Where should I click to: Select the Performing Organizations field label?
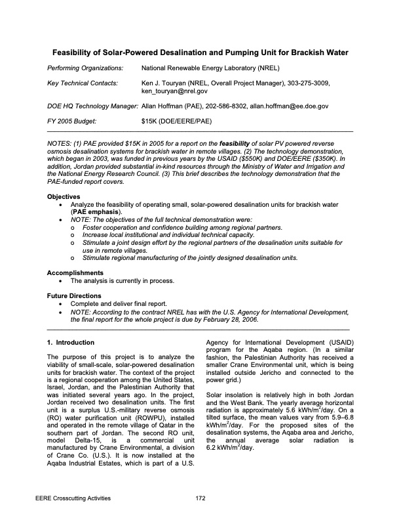[85, 68]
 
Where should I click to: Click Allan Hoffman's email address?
[288, 106]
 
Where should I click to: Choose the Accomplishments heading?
[75, 272]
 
